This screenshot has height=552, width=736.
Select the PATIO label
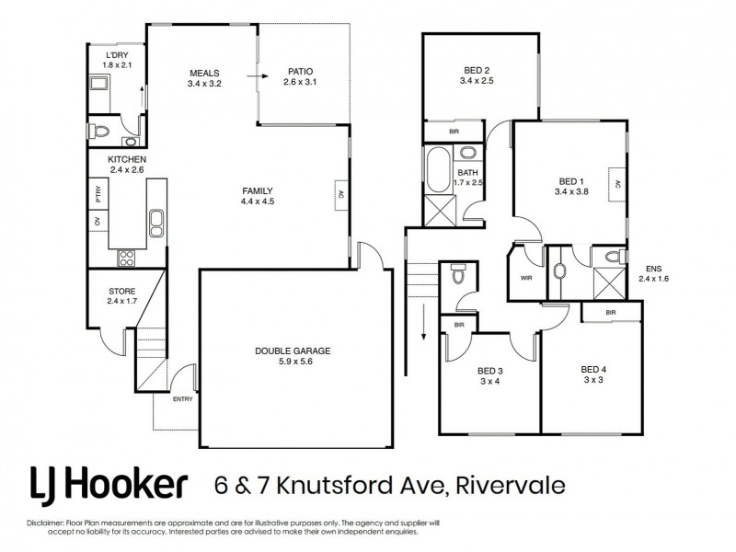click(300, 71)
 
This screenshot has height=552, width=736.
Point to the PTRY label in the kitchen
click(97, 194)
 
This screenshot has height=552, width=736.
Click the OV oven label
click(97, 222)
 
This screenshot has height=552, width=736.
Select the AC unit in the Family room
click(340, 194)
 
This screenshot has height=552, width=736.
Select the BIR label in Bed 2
click(454, 132)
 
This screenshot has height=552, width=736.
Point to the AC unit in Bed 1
click(618, 183)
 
